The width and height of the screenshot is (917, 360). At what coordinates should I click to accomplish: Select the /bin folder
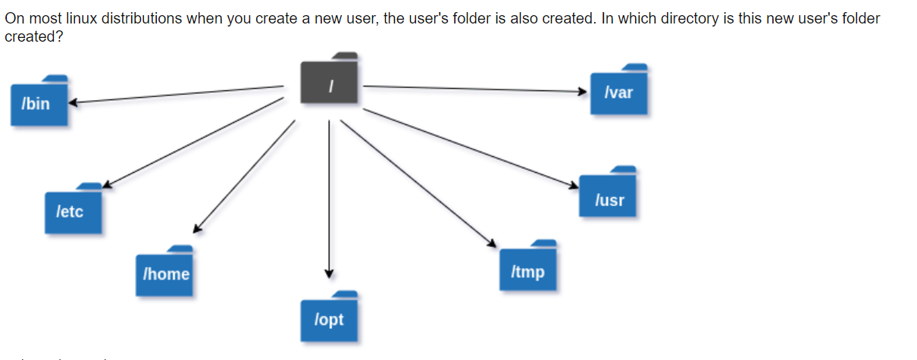[x=40, y=102]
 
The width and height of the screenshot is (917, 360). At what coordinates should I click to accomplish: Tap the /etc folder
[x=73, y=209]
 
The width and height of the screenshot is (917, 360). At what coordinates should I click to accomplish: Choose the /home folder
[x=165, y=272]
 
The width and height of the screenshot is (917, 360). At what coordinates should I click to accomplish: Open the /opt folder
[x=329, y=318]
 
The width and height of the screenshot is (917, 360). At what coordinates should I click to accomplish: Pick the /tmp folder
[x=527, y=269]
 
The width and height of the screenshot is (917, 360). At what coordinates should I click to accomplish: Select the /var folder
[x=619, y=92]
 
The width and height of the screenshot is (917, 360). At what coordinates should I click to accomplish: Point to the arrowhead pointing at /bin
[x=74, y=102]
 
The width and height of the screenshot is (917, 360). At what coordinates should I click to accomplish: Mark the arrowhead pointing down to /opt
[x=329, y=274]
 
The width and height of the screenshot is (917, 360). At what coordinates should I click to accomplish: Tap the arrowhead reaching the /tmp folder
[x=492, y=243]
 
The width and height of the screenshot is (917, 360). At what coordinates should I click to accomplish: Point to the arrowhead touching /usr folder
[x=574, y=184]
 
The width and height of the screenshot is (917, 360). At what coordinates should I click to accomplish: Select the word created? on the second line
[x=33, y=36]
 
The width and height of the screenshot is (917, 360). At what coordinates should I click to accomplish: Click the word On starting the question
[x=14, y=18]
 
